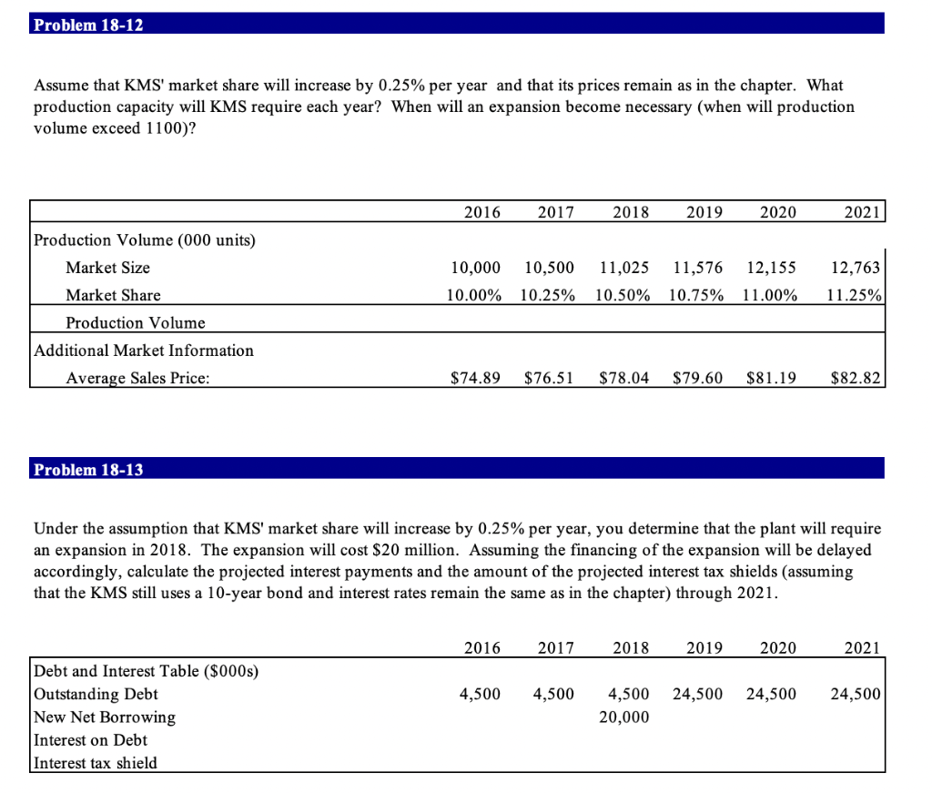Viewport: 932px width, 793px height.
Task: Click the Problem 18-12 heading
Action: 88,25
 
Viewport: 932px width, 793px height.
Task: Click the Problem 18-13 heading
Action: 88,470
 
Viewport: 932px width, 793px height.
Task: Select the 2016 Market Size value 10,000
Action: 476,268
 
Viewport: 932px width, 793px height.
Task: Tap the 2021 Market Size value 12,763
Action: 856,268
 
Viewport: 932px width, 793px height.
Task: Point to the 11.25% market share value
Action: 856,295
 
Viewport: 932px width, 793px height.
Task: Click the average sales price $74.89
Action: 476,378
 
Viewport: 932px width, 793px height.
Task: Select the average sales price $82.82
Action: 856,378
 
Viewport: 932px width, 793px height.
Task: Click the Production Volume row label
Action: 136,323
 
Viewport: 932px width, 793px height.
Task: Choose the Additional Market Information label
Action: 144,351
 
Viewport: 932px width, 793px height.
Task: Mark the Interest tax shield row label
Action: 96,763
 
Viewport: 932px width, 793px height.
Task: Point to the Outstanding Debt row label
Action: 96,694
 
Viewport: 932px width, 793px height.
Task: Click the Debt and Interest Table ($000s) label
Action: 147,671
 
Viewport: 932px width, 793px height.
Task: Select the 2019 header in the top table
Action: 704,213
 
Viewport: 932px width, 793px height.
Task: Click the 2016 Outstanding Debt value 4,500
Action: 481,694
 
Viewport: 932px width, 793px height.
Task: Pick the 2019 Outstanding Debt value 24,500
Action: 698,694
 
